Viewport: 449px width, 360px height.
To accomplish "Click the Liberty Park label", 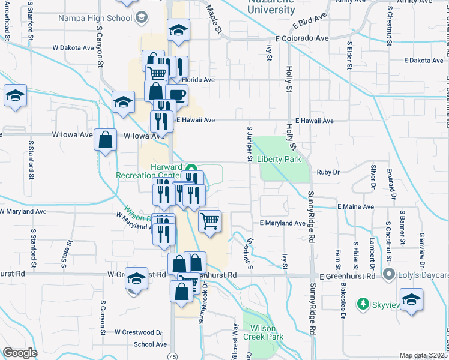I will point(279,160).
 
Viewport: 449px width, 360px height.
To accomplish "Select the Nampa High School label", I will point(95,18).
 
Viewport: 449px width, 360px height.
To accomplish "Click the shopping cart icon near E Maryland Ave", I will point(210,221).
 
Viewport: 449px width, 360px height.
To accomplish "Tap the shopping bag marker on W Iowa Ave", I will point(106,141).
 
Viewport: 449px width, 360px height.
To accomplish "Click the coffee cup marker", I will point(176,95).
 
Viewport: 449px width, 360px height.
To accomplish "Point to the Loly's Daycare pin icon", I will point(390,275).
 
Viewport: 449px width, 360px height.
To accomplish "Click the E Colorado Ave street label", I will point(302,38).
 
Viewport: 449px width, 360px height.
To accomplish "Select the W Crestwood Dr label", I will point(140,332).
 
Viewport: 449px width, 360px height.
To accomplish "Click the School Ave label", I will point(150,344).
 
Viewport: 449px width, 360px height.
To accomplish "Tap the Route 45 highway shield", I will point(173,356).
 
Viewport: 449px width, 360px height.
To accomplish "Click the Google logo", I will point(20,353).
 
